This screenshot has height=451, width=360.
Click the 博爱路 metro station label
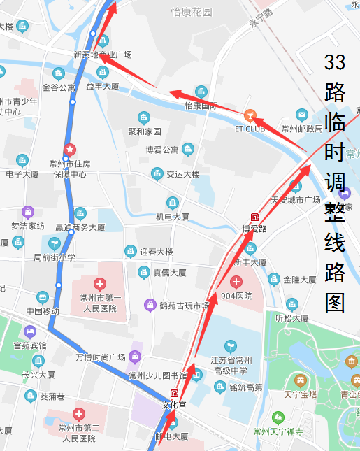click(254, 228)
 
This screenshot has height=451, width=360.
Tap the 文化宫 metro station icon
click(174, 394)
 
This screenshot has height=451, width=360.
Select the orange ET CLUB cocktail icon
click(250, 115)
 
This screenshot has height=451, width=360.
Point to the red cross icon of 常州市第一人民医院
click(100, 284)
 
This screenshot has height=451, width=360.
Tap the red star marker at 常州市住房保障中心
click(69, 149)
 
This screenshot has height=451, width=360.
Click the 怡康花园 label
click(192, 12)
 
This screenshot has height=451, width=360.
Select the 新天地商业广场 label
click(102, 54)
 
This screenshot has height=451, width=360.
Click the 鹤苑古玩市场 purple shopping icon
click(149, 304)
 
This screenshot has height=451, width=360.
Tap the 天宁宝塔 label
click(301, 394)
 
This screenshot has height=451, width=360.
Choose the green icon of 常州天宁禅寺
click(278, 417)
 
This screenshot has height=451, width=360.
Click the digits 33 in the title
click(335, 62)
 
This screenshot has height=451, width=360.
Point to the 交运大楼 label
click(182, 173)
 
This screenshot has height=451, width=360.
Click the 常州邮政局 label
click(302, 129)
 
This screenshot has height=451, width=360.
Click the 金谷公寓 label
click(59, 87)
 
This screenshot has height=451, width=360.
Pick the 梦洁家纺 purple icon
click(27, 211)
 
